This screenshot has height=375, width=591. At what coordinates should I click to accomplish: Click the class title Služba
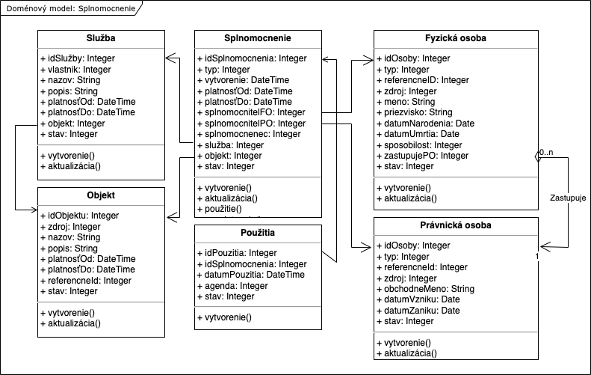[x=101, y=38]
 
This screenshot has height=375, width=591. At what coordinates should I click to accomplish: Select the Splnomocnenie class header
[x=258, y=38]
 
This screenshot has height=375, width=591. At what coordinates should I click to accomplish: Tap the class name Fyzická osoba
[x=455, y=38]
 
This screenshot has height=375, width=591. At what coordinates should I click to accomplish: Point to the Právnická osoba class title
[x=455, y=225]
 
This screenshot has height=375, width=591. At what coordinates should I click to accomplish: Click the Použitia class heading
[x=258, y=233]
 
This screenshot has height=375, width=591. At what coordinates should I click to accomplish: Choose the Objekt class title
[x=101, y=195]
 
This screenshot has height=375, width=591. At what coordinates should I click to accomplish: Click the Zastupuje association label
[x=568, y=198]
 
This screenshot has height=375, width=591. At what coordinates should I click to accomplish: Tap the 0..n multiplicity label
[x=546, y=152]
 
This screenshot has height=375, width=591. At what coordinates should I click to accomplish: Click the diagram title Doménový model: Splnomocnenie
[x=71, y=8]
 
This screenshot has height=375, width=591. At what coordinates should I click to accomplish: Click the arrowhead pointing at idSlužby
[x=171, y=58]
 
